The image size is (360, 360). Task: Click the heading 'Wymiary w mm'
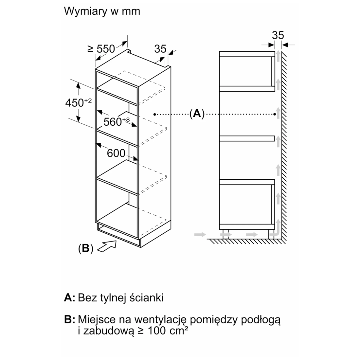pos(102,11)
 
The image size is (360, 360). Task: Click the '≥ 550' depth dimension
pos(101,49)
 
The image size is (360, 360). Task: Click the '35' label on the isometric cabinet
pos(160,49)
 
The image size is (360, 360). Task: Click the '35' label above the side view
pos(278,35)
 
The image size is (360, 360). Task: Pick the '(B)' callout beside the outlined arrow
pos(85,249)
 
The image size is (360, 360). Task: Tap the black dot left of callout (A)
pos(154,114)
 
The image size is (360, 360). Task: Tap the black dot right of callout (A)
pos(275,114)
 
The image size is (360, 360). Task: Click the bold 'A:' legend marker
pos(70,298)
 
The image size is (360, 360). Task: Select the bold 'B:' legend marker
pos(70,320)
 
